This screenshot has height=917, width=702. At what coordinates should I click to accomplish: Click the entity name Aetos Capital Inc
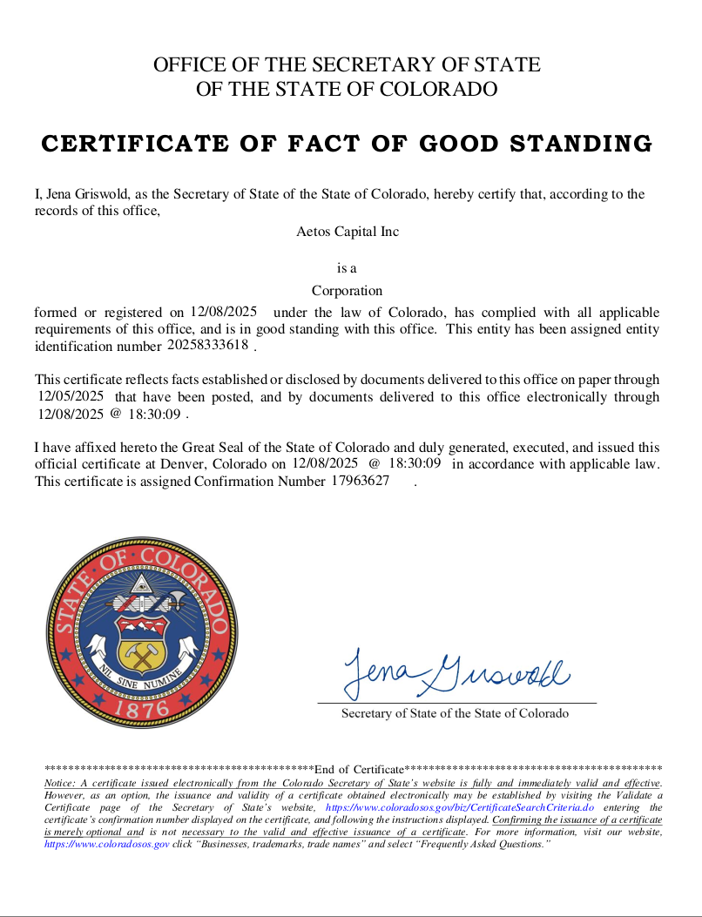coord(347,232)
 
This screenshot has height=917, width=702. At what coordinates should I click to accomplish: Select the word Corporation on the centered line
coord(347,291)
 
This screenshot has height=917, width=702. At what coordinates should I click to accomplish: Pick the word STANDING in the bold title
coord(574,144)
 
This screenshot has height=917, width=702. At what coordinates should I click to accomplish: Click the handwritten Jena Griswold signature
coord(456,673)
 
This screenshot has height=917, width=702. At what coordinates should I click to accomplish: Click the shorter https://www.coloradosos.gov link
coord(106,845)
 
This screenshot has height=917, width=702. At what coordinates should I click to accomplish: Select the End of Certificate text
coord(359,769)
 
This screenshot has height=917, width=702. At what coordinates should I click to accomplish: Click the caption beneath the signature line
coord(455,713)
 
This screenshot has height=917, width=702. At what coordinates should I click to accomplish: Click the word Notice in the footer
coord(60,784)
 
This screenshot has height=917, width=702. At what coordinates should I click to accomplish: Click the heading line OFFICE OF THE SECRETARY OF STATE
coord(347,64)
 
